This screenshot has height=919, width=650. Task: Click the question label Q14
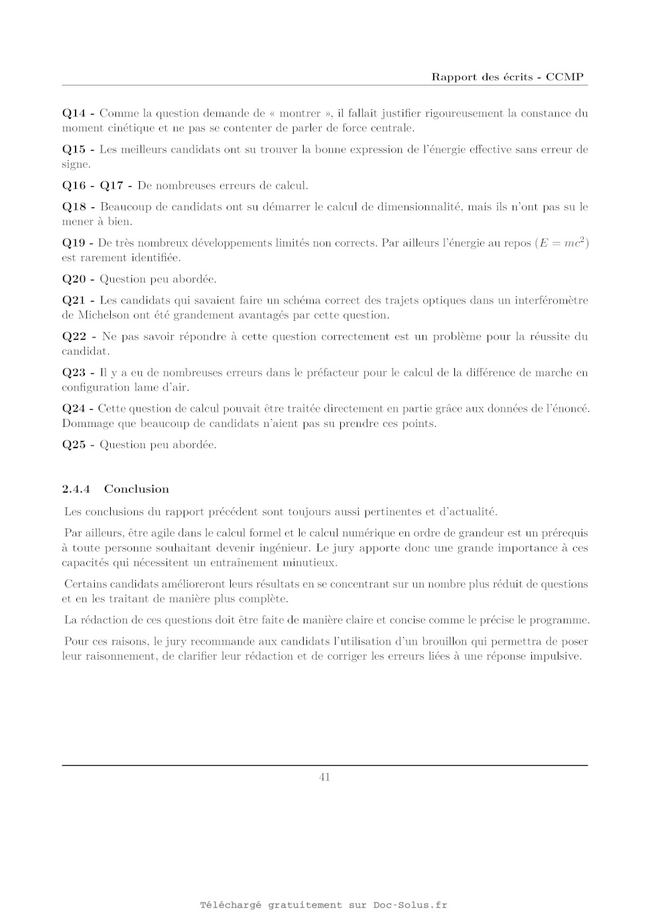click(74, 113)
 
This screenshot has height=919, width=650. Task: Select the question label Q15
click(74, 150)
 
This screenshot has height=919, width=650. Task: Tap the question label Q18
click(74, 207)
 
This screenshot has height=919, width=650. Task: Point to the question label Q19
click(74, 243)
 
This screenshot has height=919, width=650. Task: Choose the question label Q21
click(74, 300)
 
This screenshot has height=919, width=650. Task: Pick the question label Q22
click(74, 337)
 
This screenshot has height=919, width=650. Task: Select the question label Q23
click(74, 373)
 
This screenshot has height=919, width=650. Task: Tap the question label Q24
click(74, 408)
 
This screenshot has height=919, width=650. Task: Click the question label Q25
click(74, 445)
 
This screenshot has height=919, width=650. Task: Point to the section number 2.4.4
click(76, 489)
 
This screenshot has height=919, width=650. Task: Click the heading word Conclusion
click(137, 489)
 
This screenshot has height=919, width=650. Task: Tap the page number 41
click(325, 777)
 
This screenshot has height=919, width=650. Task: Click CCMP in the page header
click(564, 77)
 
